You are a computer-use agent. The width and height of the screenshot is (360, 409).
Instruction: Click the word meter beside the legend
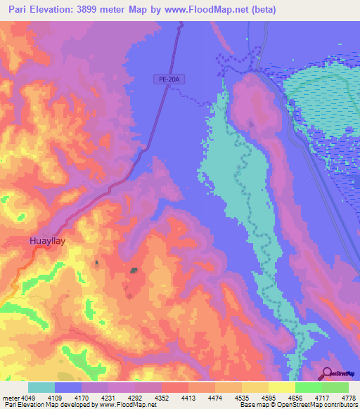pyautogui.click(x=11, y=397)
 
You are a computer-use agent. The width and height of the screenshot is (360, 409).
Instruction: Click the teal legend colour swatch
pyautogui.click(x=41, y=387)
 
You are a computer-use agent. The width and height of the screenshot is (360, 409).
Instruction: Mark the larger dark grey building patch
pyautogui.click(x=134, y=270)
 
